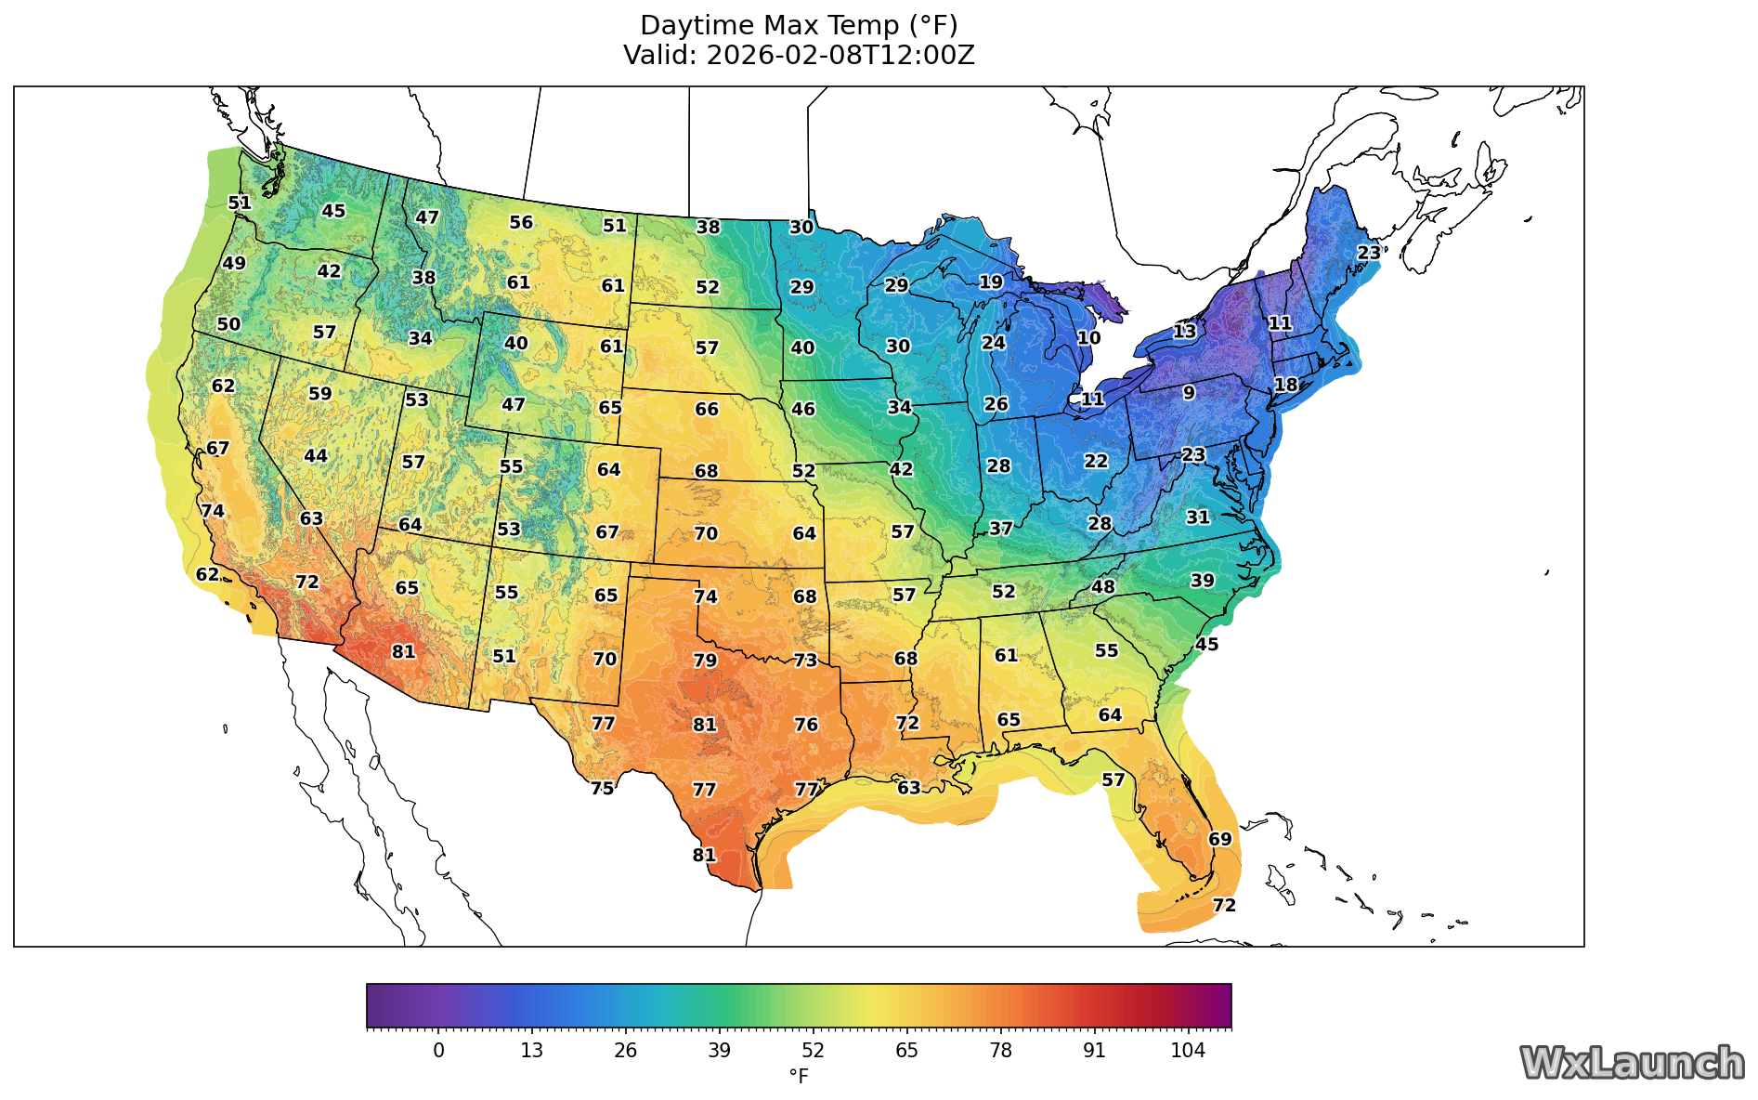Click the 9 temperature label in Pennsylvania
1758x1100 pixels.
pos(1189,393)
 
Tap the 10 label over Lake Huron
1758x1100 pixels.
pos(1088,338)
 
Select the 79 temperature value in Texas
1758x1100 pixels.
pos(705,661)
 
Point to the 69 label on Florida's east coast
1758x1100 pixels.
pos(1219,839)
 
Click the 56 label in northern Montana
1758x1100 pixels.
pos(521,222)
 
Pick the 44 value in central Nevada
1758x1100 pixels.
pos(316,455)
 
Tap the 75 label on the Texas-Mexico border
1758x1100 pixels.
pos(603,788)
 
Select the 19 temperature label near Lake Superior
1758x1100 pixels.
pos(991,282)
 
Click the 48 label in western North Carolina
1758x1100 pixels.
pos(1102,586)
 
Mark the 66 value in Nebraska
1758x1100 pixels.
pos(707,409)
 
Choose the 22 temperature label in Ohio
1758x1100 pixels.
pos(1096,461)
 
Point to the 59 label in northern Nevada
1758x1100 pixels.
pos(319,393)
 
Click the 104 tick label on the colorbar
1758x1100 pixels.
pos(1188,1051)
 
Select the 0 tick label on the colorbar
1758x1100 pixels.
pos(438,1051)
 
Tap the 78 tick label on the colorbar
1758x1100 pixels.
pos(1000,1051)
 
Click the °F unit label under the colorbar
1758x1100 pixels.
pos(799,1076)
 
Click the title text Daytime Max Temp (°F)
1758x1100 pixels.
pos(799,25)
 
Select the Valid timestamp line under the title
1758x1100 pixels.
pos(799,55)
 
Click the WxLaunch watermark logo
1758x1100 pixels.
pos(1631,1063)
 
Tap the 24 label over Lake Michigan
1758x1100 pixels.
pos(993,343)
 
